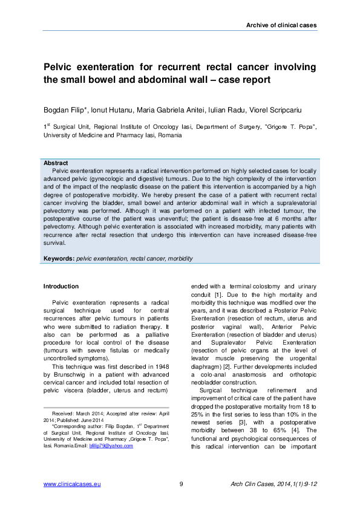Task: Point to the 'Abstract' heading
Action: coord(56,163)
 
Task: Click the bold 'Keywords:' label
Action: coord(59,258)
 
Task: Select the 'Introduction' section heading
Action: coord(61,286)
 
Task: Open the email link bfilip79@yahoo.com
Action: coord(111,446)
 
